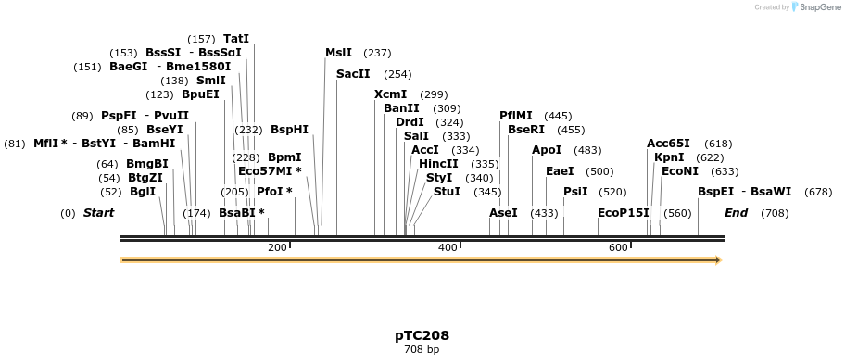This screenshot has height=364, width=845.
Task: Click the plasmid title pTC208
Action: pos(422,335)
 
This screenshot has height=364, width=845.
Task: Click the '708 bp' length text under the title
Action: pos(422,350)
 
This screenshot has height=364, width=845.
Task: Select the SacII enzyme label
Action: pos(353,74)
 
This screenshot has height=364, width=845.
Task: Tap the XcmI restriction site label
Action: pos(390,94)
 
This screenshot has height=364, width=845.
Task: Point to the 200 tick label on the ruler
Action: pos(276,248)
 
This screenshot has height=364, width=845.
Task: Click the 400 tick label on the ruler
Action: pos(448,248)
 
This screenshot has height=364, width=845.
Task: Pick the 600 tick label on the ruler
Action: pos(618,248)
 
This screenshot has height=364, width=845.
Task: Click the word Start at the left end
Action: pos(98,213)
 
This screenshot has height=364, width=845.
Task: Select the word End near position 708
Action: pos(736,213)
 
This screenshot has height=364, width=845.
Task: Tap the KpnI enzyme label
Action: pos(669,157)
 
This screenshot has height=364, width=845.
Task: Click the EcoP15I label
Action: pos(624,213)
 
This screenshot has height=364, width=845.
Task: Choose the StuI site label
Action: pos(447,192)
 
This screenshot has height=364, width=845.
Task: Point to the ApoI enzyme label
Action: pos(547,150)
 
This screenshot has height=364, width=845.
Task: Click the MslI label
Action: pos(338,53)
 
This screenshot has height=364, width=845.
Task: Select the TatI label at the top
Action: pos(236,39)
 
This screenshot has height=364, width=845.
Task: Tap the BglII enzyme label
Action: pos(143,192)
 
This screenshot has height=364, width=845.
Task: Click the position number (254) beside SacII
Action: pos(397,74)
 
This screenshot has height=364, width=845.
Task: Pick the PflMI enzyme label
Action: pos(517,116)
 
